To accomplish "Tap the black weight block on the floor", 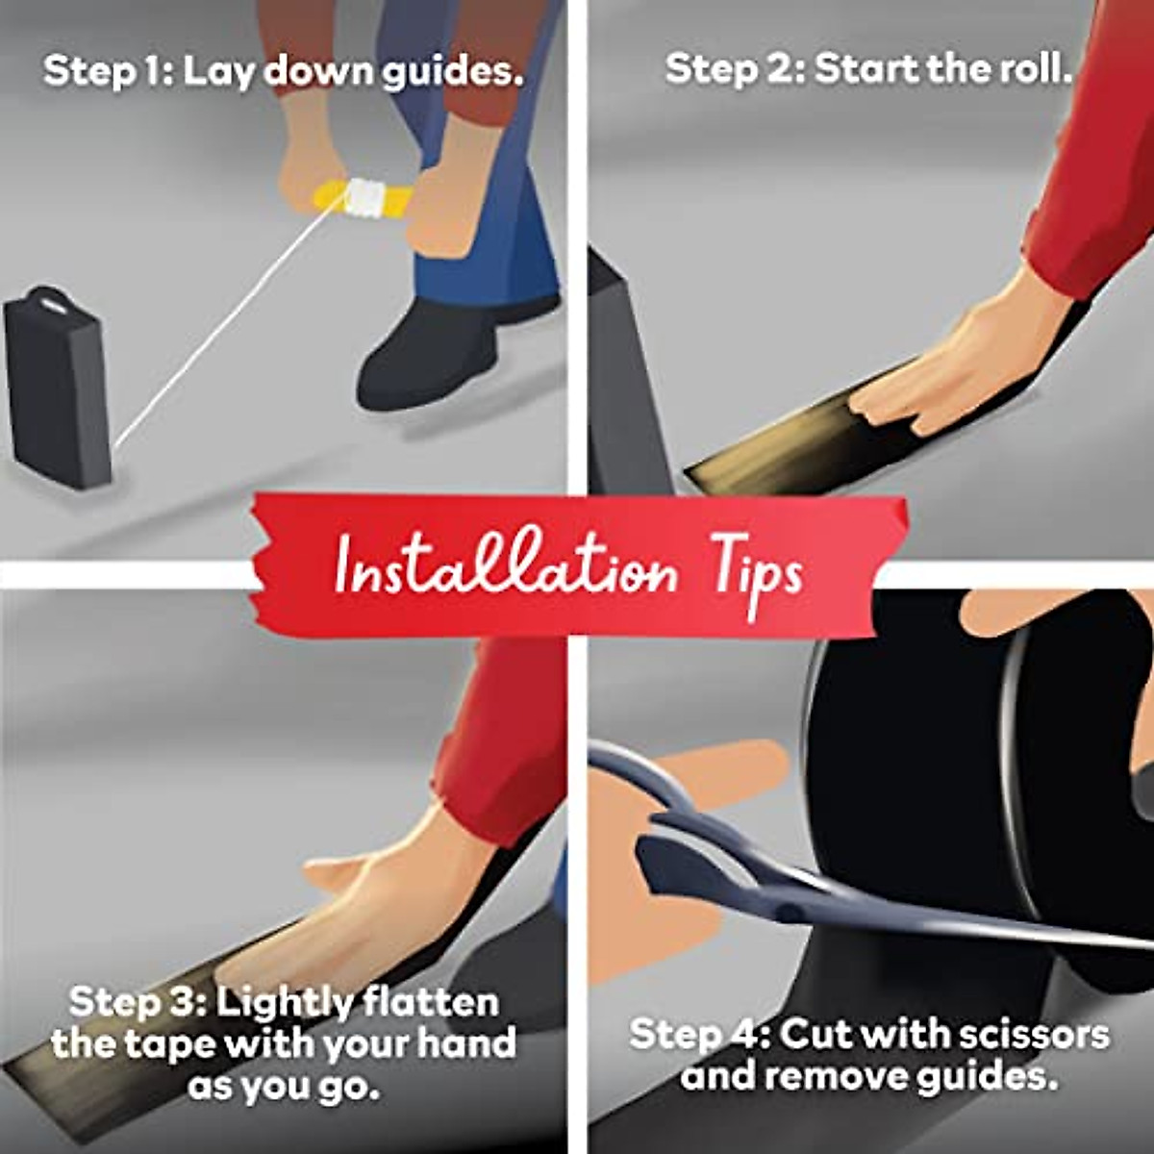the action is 57,388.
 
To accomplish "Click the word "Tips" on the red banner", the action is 757,573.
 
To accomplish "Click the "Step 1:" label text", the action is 108,71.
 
